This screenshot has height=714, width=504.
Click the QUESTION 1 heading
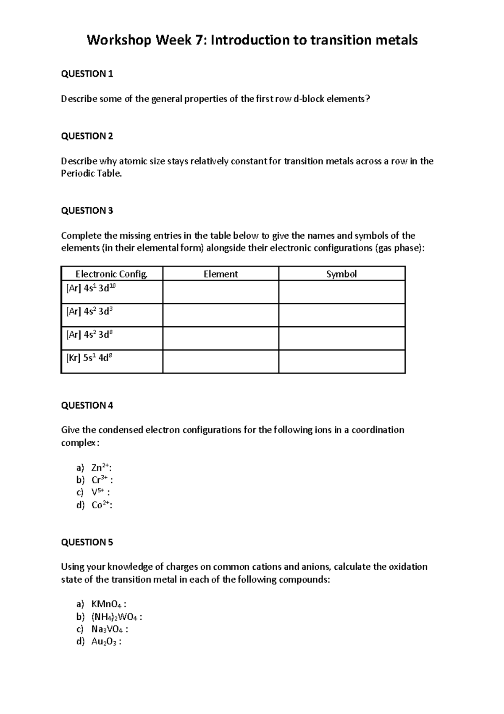(87, 74)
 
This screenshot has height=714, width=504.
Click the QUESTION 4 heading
(87, 405)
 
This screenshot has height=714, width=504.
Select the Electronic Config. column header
(112, 274)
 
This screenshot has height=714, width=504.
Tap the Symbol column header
(341, 274)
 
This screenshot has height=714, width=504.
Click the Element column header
(220, 274)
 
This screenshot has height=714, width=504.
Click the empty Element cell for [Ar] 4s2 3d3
(220, 315)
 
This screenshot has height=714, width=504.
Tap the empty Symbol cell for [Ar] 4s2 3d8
(341, 338)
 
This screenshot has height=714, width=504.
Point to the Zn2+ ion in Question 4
(101, 468)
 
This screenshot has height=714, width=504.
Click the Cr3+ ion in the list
(101, 480)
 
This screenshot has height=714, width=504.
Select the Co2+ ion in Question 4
(101, 505)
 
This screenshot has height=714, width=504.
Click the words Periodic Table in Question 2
(91, 174)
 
